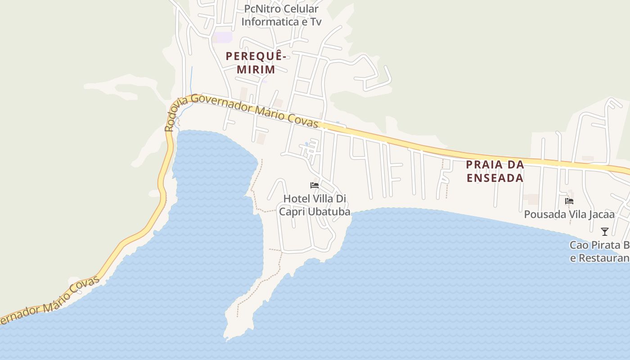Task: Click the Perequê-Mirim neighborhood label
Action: [x=256, y=63]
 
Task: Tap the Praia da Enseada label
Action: [x=495, y=171]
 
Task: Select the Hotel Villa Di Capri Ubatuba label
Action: [x=315, y=205]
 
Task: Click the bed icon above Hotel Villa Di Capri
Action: [x=315, y=185]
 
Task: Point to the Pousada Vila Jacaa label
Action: [x=569, y=214]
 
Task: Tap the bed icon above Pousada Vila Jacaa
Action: [x=569, y=201]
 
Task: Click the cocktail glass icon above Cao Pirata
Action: [x=605, y=232]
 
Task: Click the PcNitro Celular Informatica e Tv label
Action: [x=281, y=15]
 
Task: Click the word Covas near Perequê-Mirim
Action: [x=306, y=121]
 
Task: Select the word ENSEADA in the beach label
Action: [x=495, y=178]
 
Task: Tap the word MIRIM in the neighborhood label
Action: [x=256, y=69]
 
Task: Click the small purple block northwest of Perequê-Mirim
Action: [x=223, y=37]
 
